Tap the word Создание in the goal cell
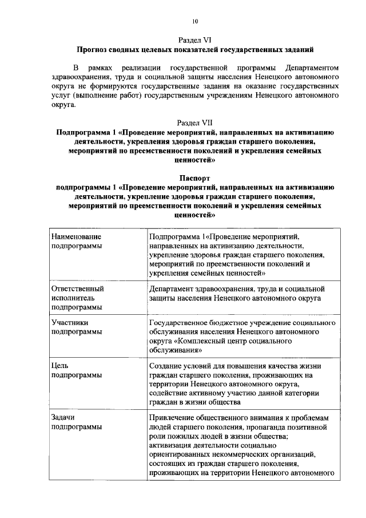(x=166, y=366)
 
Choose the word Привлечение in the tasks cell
(x=172, y=417)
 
